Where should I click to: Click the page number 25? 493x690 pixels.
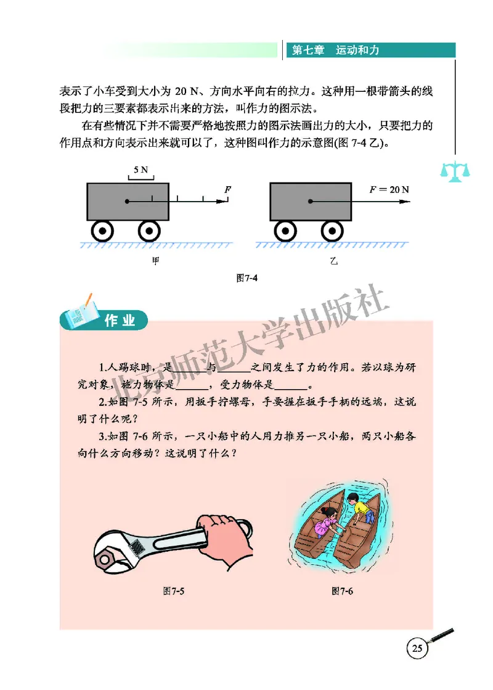pyautogui.click(x=417, y=649)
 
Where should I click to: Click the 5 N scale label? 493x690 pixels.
pyautogui.click(x=141, y=169)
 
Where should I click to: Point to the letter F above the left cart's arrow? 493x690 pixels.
pyautogui.click(x=227, y=189)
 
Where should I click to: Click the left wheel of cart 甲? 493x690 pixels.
pyautogui.click(x=102, y=231)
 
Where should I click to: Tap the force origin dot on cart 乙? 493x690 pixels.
pyautogui.click(x=311, y=201)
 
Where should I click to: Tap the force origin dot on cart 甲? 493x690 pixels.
pyautogui.click(x=127, y=201)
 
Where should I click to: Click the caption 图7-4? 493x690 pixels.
pyautogui.click(x=246, y=278)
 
